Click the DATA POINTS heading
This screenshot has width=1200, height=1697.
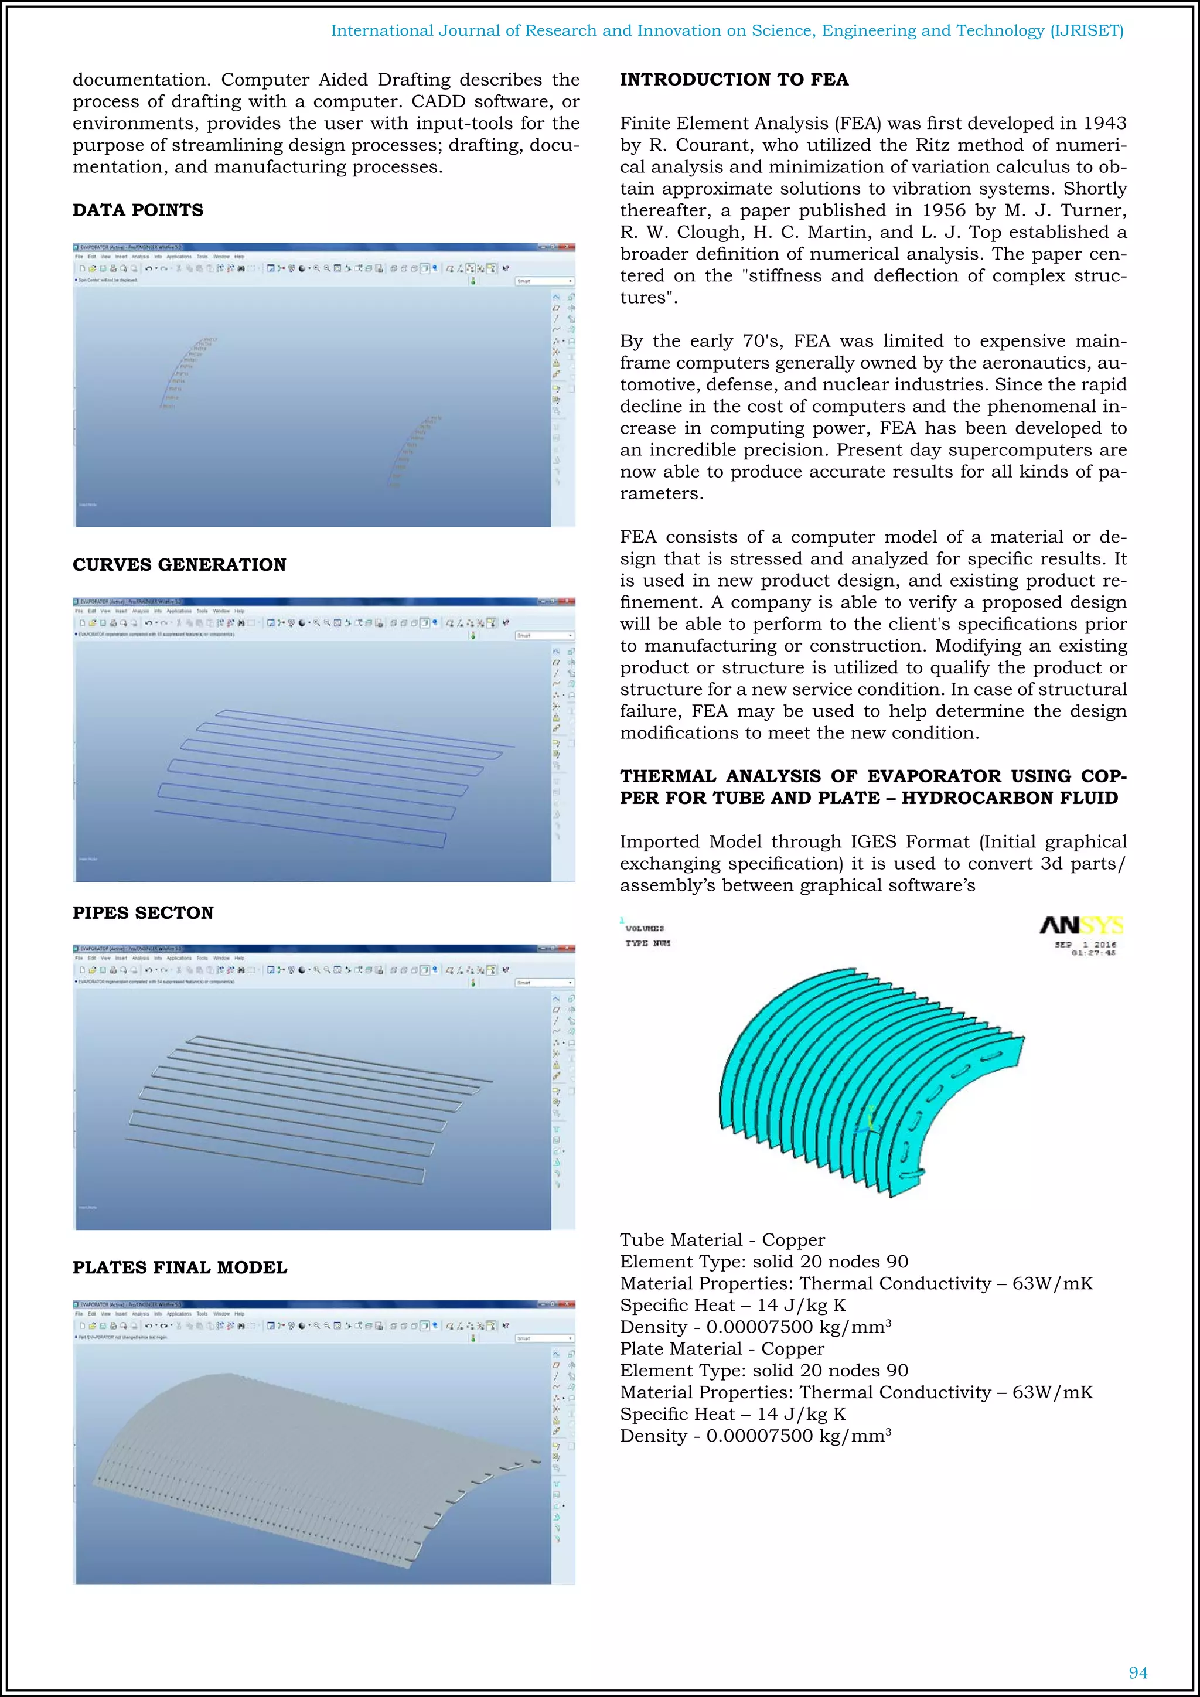click(138, 210)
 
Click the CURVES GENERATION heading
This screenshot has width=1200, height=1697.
click(179, 565)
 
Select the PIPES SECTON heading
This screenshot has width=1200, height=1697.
click(142, 913)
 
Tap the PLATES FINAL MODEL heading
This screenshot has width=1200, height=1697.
click(179, 1267)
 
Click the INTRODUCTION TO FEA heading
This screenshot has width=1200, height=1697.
click(734, 80)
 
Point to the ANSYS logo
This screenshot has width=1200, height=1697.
click(1081, 925)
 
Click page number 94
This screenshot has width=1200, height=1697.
click(1138, 1672)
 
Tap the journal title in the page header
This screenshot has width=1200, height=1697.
click(727, 30)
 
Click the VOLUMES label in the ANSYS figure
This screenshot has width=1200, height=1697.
click(645, 928)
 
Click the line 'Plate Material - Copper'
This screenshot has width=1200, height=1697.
click(721, 1349)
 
